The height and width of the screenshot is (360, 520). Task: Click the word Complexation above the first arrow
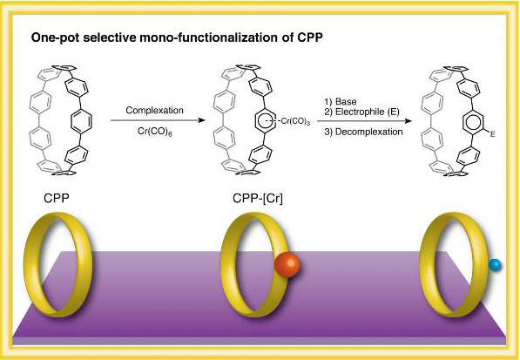[x=154, y=111]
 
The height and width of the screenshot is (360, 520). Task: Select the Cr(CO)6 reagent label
[x=154, y=132]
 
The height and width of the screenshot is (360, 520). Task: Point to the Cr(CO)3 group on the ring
[x=295, y=121]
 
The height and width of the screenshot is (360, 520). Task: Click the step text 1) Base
[x=341, y=101]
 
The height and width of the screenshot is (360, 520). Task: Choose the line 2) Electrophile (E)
[x=361, y=112]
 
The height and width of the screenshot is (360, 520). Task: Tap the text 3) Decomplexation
[x=363, y=132]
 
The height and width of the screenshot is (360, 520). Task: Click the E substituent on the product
[x=492, y=134]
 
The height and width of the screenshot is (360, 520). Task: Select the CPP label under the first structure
[x=57, y=199]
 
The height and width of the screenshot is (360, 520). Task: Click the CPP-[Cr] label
[x=258, y=199]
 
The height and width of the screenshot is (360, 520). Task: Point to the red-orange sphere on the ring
[x=287, y=264]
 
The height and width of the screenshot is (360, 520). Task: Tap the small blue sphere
[x=495, y=265]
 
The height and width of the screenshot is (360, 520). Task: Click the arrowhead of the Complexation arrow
[x=201, y=120]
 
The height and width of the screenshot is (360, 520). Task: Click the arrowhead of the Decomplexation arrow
[x=408, y=121]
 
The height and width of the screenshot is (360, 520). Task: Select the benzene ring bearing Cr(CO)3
[x=266, y=121]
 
